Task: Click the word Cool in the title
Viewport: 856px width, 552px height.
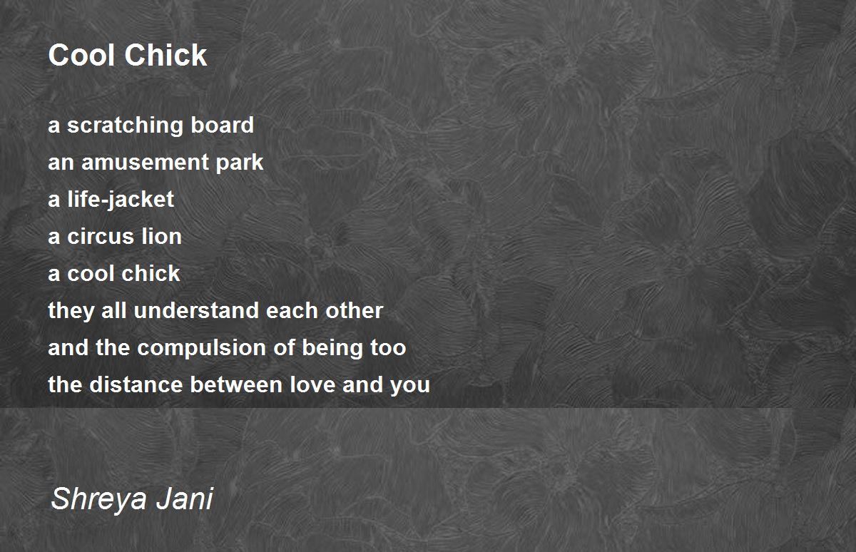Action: tap(81, 55)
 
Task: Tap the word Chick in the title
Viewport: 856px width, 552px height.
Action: tap(165, 55)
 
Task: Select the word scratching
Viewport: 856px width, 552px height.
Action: tap(125, 126)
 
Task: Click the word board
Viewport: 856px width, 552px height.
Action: tap(222, 125)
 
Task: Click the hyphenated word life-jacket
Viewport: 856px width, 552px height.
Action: tap(121, 200)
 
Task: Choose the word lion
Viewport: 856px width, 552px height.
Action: tap(161, 236)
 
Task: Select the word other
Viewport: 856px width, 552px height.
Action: tap(354, 310)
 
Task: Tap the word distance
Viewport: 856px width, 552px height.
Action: tap(136, 384)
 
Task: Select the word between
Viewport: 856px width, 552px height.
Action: tap(236, 384)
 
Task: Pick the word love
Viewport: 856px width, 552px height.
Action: tap(312, 384)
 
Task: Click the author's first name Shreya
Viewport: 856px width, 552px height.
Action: tap(98, 499)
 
